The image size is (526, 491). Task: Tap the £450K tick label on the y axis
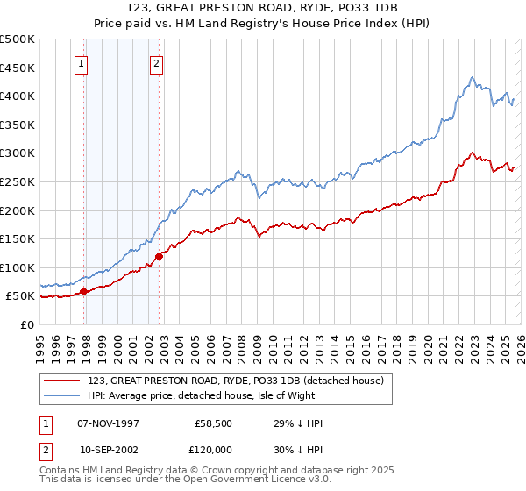pos(18,68)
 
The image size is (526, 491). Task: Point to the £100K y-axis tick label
pos(18,267)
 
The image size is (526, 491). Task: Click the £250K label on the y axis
pos(18,181)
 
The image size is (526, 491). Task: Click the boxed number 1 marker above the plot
pos(81,62)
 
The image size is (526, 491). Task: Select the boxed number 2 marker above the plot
pos(156,62)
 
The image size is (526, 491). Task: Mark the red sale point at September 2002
pos(160,256)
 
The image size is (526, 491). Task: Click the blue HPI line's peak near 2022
pos(472,77)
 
